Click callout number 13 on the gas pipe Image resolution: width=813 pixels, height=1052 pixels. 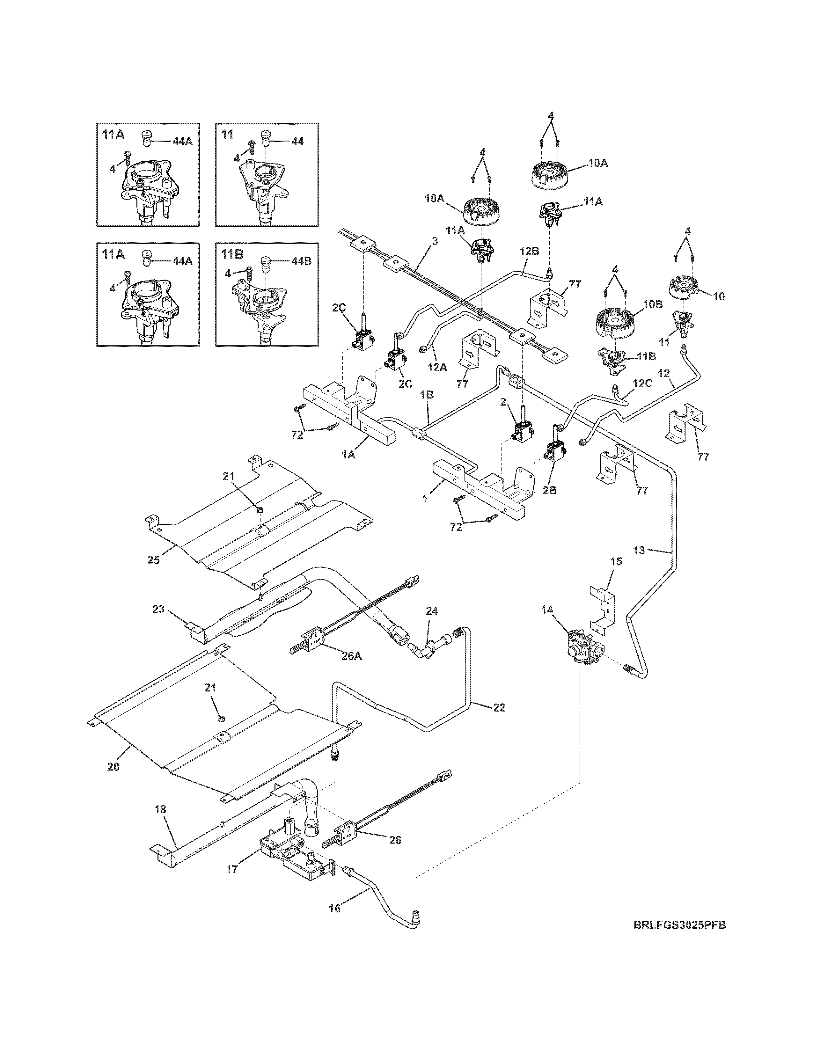[639, 551]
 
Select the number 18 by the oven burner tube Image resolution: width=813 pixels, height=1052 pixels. [160, 810]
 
